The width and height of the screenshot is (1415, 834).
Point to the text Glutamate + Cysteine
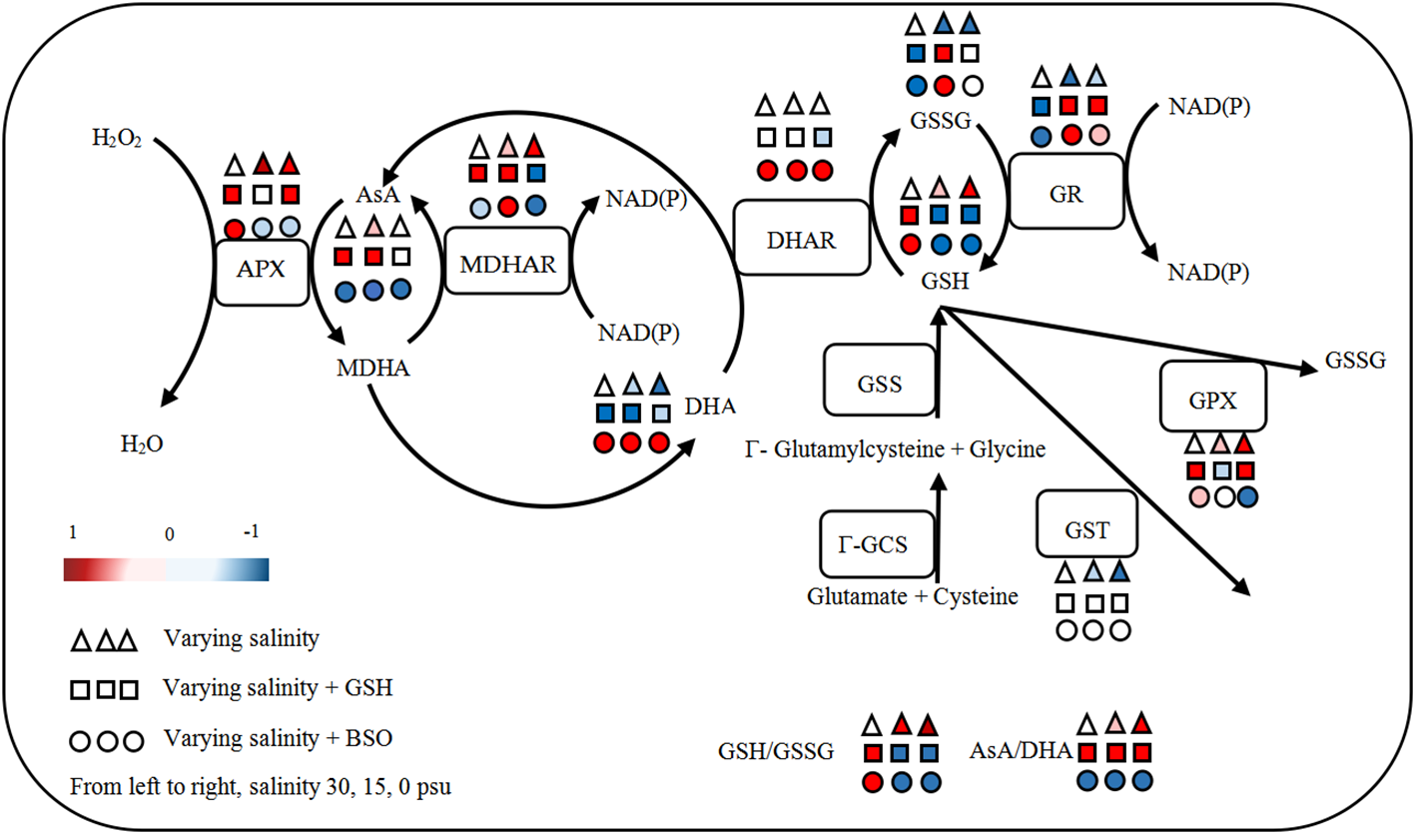(x=913, y=597)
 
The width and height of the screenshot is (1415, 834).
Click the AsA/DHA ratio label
(x=1022, y=751)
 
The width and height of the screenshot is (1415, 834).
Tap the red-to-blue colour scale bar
(x=166, y=569)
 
